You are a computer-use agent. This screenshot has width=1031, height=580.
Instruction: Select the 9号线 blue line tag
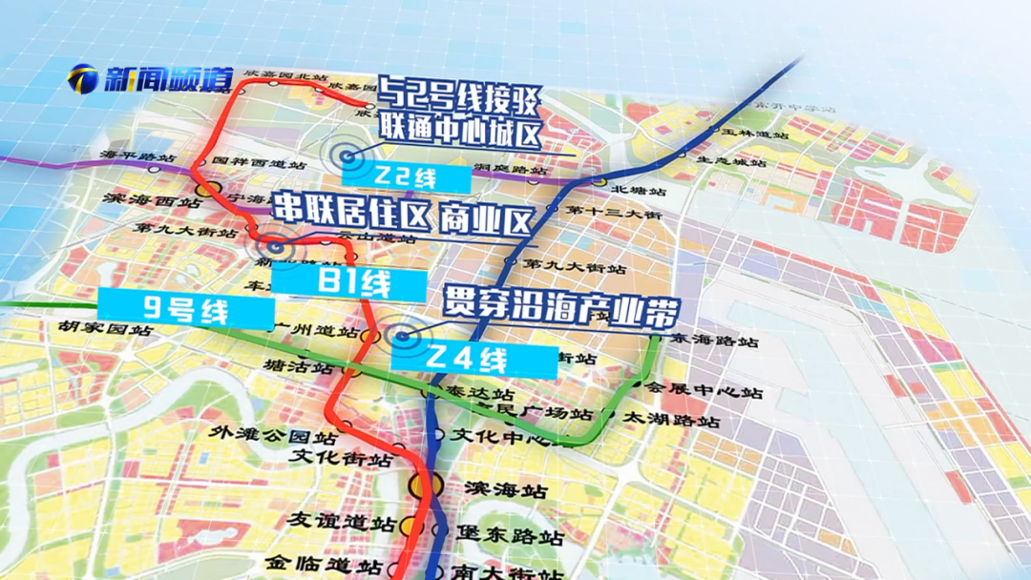coord(186,308)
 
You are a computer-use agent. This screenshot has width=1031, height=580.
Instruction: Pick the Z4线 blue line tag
coord(474,360)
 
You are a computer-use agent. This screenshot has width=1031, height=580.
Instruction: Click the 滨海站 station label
coord(505,490)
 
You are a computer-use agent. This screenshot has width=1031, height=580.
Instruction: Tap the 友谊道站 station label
coord(343,524)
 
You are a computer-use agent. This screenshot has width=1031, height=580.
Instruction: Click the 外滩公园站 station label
coord(275,438)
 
